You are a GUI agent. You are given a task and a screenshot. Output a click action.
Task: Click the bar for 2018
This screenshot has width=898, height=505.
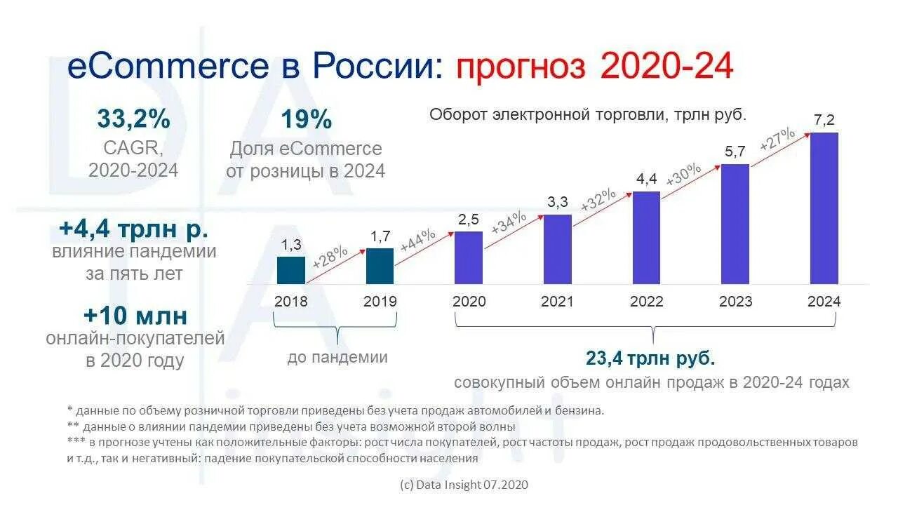(291, 270)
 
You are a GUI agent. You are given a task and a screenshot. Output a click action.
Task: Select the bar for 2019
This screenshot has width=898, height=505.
(380, 266)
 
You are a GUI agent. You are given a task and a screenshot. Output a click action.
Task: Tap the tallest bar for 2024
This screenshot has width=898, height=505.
(824, 208)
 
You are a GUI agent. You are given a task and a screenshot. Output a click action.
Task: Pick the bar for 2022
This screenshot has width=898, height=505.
(646, 238)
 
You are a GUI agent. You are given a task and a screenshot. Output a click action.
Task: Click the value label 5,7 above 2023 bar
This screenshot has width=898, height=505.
(735, 151)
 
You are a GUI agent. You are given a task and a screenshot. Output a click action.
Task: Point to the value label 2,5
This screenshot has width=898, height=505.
(469, 219)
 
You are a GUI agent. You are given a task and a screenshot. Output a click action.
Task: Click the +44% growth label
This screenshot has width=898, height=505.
(418, 241)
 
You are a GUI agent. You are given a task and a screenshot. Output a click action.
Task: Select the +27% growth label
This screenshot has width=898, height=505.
(777, 138)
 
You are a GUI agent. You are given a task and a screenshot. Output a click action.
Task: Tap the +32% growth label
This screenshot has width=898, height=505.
(598, 201)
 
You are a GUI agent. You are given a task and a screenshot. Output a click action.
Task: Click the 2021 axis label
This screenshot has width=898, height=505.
(557, 302)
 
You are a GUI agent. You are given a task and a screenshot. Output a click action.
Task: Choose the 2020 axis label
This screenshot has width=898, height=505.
(469, 302)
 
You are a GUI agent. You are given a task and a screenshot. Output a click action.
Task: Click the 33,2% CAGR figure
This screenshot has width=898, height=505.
(133, 119)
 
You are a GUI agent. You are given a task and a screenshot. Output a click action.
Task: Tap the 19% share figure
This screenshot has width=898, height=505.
(306, 119)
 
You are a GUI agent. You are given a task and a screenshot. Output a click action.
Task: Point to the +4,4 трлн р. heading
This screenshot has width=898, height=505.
(133, 229)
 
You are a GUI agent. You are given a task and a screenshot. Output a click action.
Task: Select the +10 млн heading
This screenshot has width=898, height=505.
(135, 316)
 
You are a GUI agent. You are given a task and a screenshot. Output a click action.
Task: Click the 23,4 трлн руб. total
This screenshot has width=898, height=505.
(650, 359)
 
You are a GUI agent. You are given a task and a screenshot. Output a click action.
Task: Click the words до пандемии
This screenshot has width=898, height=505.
(337, 357)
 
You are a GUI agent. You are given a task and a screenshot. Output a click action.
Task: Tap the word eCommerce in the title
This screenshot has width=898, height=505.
(168, 67)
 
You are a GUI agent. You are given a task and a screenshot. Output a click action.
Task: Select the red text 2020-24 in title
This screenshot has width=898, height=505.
(667, 67)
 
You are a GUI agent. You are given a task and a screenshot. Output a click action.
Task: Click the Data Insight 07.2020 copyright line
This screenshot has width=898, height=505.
(463, 485)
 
